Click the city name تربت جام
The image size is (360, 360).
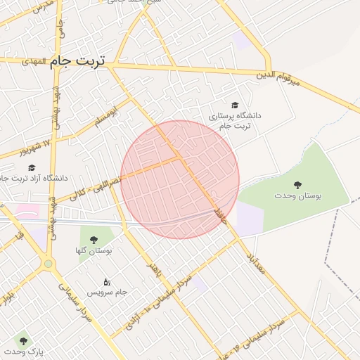pyautogui.click(x=77, y=62)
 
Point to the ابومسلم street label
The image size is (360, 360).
pyautogui.click(x=104, y=115)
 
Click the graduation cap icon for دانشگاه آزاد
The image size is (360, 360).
pyautogui.click(x=31, y=168)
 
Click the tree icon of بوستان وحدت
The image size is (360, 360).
pyautogui.click(x=298, y=185)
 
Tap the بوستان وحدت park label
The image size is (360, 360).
pyautogui.click(x=298, y=196)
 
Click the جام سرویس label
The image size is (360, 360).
pyautogui.click(x=106, y=292)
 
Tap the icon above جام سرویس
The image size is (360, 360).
pyautogui.click(x=107, y=281)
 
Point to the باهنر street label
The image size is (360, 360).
pyautogui.click(x=153, y=269)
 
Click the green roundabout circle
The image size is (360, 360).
pyautogui.click(x=48, y=264)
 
